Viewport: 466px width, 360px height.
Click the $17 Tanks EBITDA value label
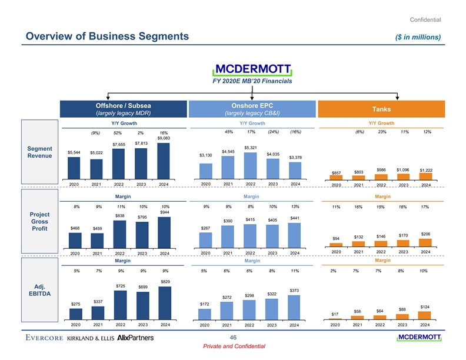tap(334, 314)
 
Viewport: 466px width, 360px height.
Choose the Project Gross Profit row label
tap(39, 221)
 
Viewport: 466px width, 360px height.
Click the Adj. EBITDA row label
tap(39, 289)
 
